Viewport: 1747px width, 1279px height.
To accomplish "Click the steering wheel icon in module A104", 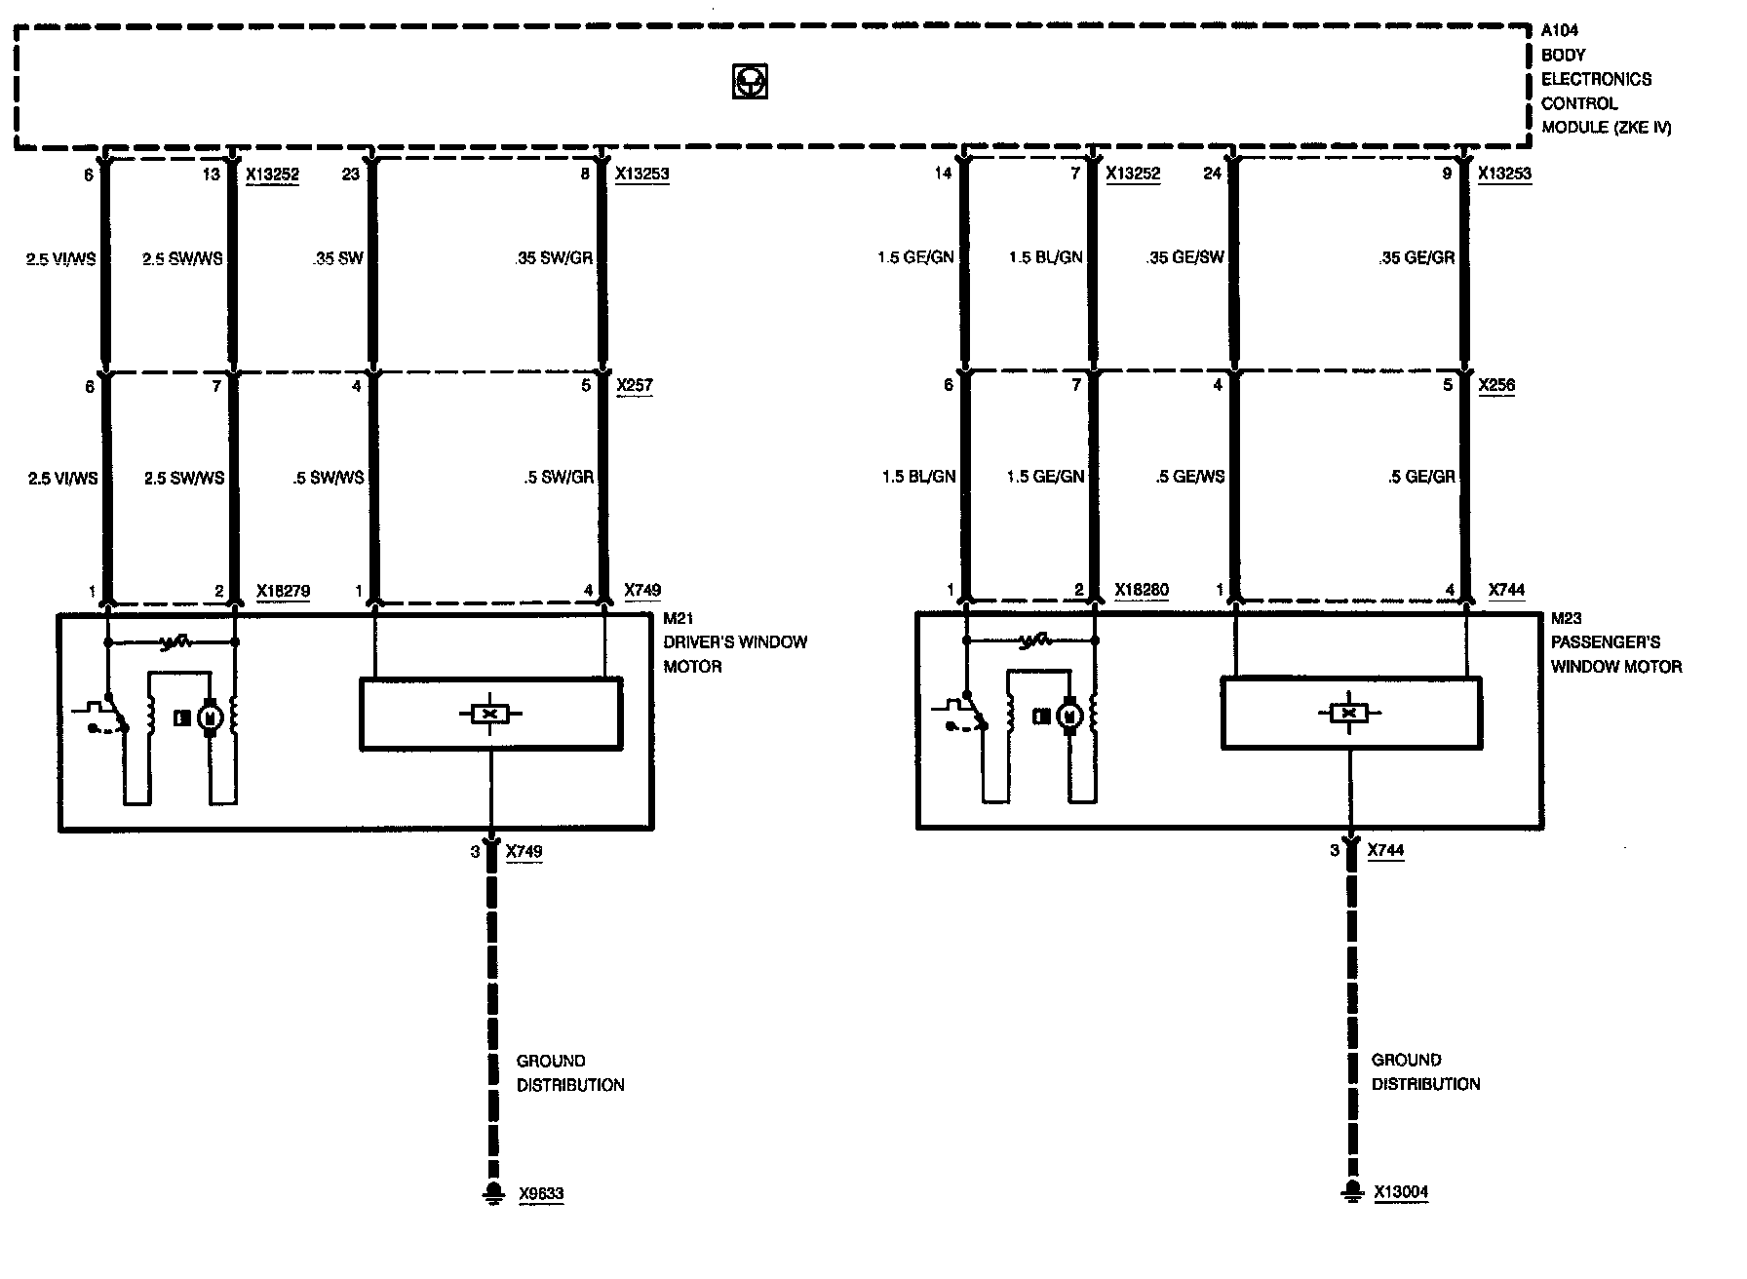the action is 750,82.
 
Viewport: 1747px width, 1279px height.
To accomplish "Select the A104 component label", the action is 1559,30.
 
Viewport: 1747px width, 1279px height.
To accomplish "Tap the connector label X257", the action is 635,385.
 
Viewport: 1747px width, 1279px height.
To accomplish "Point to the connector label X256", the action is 1496,385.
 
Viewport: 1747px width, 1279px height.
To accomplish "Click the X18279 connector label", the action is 283,591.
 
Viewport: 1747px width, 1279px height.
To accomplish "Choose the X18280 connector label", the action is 1142,590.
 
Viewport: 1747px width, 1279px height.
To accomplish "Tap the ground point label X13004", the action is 1402,1191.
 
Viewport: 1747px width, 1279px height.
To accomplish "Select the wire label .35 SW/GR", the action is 554,258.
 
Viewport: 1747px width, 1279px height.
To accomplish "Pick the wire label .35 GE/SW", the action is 1185,257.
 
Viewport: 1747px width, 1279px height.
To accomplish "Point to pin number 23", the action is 351,174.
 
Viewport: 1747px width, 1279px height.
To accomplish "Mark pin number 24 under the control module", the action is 1212,174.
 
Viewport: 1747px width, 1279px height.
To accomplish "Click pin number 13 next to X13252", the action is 213,174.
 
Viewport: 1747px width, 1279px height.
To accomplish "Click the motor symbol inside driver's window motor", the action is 210,718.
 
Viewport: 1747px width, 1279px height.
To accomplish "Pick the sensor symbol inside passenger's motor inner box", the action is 1349,714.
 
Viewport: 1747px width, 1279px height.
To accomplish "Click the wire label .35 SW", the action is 338,258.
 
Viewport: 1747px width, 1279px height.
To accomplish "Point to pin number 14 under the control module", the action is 942,174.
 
